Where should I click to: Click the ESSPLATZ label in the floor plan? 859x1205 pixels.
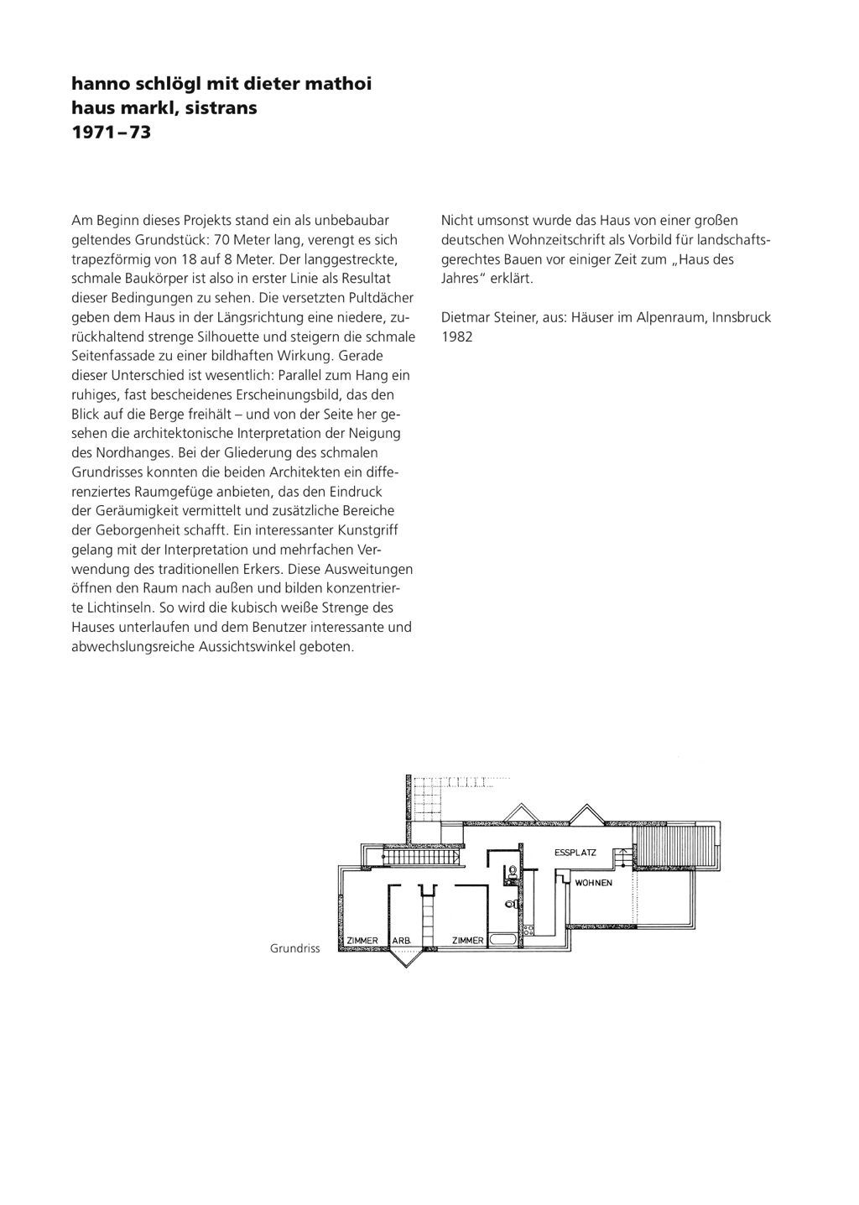pos(575,853)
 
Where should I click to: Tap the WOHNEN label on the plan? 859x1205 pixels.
pos(594,883)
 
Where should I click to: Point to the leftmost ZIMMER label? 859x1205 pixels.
pos(362,941)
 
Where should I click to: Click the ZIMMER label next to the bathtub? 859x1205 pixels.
pos(467,941)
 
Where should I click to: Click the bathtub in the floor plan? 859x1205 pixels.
pos(502,940)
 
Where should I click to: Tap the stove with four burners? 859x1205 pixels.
pos(508,874)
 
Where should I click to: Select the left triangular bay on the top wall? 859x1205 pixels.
pos(520,812)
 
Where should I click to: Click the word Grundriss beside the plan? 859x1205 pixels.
pos(294,948)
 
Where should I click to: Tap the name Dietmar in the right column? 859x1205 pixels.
pos(464,317)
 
